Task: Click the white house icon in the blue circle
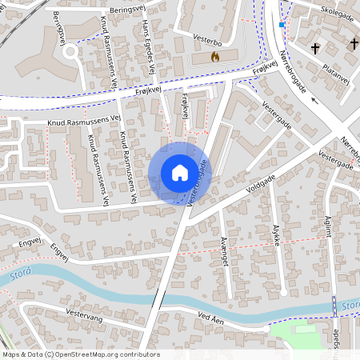tap(180, 173)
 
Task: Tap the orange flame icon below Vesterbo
tap(214, 57)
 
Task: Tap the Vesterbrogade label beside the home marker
tap(201, 183)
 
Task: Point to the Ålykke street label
tap(278, 238)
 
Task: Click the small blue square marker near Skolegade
tap(282, 25)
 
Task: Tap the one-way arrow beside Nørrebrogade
tap(314, 101)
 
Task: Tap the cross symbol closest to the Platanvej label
tap(315, 50)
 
